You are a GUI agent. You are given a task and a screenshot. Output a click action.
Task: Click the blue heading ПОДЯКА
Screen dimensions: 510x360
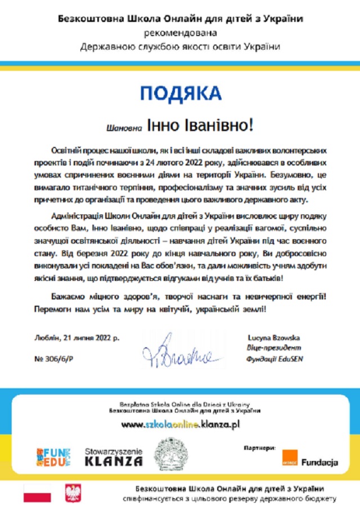pos(181,93)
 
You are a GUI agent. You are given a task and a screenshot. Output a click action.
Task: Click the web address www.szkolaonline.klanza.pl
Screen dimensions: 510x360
pos(181,424)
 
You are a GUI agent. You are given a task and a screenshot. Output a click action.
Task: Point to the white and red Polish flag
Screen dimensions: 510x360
pos(37,493)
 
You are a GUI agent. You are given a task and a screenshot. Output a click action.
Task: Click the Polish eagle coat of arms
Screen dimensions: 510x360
pos(74,493)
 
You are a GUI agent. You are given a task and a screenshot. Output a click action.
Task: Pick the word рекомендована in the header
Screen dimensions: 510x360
pos(180,33)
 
